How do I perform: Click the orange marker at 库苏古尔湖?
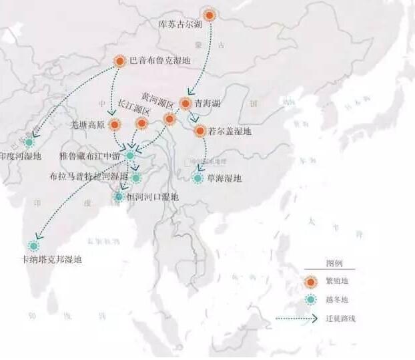[x=210, y=15]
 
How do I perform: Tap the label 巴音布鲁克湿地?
[x=160, y=61]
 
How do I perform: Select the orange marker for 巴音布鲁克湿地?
[x=120, y=61]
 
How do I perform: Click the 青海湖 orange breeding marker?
[x=185, y=104]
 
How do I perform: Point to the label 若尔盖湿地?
[x=230, y=132]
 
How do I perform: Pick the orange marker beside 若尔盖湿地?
[x=199, y=131]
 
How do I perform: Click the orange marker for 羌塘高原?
[x=115, y=124]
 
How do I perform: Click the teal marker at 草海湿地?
[x=197, y=178]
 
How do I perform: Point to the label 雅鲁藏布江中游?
[x=90, y=156]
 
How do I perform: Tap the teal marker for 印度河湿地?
[x=29, y=142]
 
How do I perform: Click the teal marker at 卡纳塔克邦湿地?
[x=35, y=245]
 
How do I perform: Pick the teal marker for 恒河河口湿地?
[x=119, y=196]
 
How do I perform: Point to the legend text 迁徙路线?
[x=340, y=319]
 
